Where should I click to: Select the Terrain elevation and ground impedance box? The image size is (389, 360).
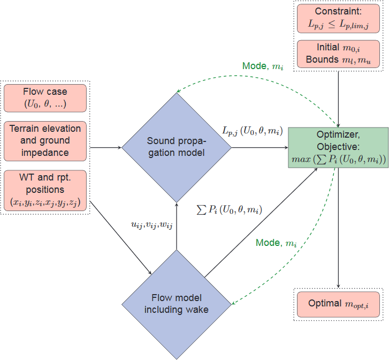[45, 140]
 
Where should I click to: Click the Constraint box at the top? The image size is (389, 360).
[338, 18]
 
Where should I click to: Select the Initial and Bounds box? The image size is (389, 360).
[338, 54]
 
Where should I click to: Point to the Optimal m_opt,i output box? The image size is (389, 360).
[338, 304]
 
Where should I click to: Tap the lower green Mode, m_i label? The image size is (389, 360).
[276, 243]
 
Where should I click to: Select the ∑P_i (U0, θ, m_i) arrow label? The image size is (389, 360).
[230, 209]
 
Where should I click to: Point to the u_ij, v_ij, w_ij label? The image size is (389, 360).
[152, 226]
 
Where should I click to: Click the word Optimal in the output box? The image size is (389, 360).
[324, 303]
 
